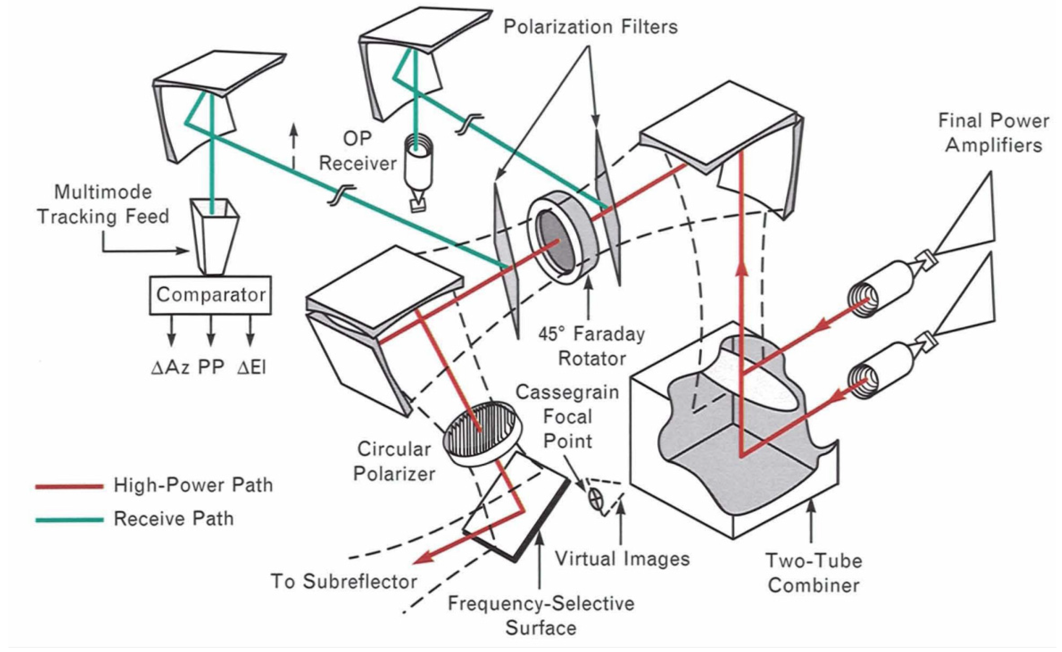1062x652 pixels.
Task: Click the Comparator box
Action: [x=211, y=295]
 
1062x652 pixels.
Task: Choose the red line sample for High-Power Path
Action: [x=69, y=486]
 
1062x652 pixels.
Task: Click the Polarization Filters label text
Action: [x=591, y=27]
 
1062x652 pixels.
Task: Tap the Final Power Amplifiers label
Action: [x=993, y=133]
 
